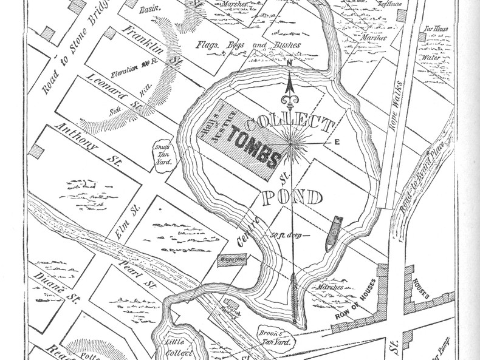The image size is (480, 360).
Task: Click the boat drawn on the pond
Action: pyautogui.click(x=333, y=231)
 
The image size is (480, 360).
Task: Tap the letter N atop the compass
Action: pyautogui.click(x=290, y=63)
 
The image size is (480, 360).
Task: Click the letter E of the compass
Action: pyautogui.click(x=336, y=141)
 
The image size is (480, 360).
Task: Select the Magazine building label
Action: pyautogui.click(x=232, y=261)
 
